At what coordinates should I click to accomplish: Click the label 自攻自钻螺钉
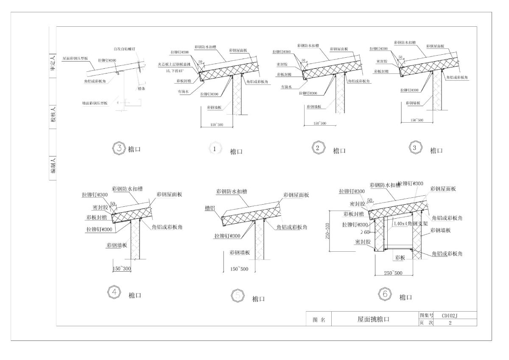(125, 49)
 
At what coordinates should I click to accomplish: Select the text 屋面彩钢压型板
(76, 58)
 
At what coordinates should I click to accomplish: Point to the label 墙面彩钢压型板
(95, 103)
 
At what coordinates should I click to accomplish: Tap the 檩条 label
(141, 89)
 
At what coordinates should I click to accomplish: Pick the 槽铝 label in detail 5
(210, 208)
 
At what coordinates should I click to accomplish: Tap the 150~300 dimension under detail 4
(123, 268)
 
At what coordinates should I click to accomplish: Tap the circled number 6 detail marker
(385, 294)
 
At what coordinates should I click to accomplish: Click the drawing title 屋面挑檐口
(373, 319)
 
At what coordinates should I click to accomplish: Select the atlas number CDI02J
(450, 315)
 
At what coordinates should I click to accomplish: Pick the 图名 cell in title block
(319, 320)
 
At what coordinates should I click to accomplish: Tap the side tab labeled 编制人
(53, 166)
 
